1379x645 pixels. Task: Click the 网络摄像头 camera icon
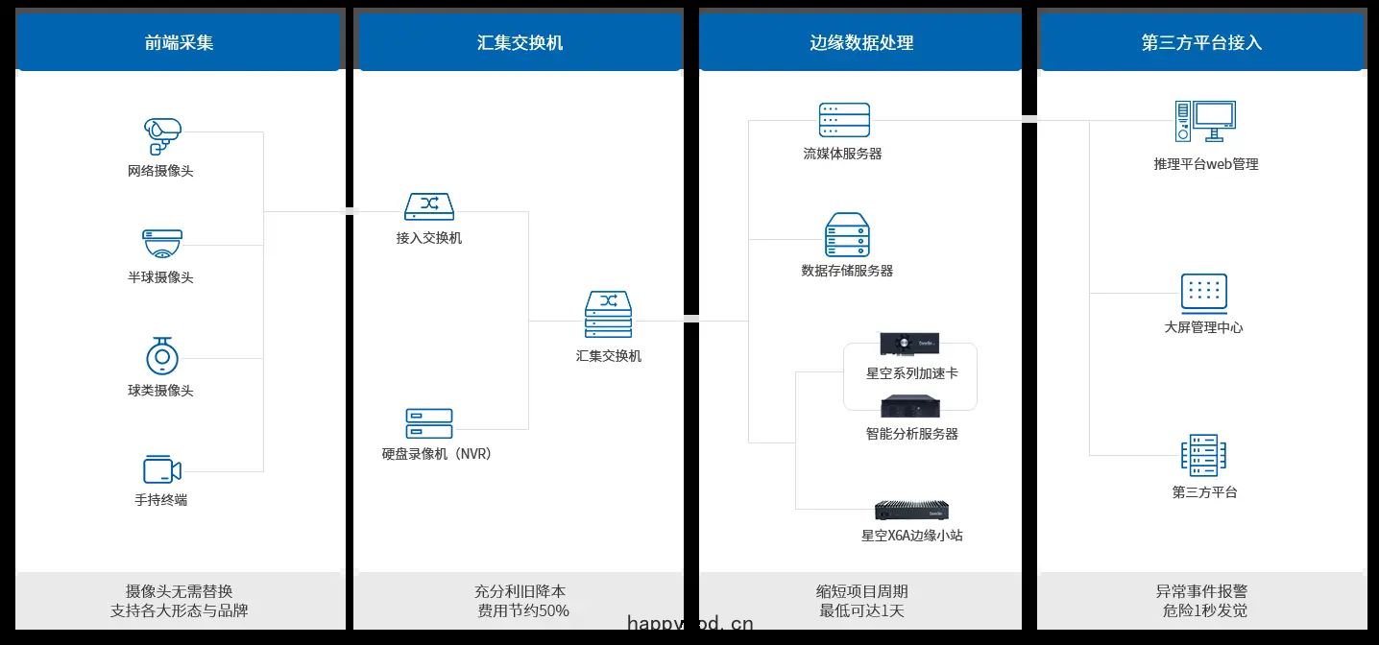[x=162, y=136]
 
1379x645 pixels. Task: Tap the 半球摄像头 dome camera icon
[x=162, y=244]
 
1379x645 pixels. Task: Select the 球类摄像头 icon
[x=162, y=356]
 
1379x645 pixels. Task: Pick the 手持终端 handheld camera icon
[x=162, y=469]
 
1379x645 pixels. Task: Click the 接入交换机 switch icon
[x=429, y=206]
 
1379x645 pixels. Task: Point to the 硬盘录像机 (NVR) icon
[x=429, y=423]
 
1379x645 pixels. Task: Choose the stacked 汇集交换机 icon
[x=608, y=314]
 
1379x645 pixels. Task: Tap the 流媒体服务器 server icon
[x=844, y=119]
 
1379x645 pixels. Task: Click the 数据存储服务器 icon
[x=847, y=234]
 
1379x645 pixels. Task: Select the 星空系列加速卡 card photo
[x=909, y=344]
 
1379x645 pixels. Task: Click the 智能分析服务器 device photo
[x=910, y=407]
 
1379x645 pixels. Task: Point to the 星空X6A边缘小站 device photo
[x=911, y=511]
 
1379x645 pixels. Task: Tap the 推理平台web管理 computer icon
[x=1205, y=121]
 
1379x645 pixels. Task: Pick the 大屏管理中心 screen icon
[x=1204, y=294]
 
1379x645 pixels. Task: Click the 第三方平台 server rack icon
[x=1203, y=456]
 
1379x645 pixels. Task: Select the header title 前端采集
[x=180, y=42]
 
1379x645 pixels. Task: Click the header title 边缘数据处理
[x=861, y=42]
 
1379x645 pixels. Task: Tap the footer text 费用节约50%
[x=523, y=610]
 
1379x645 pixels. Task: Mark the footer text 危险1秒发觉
[x=1205, y=610]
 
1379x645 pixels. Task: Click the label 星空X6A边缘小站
[x=911, y=536]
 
